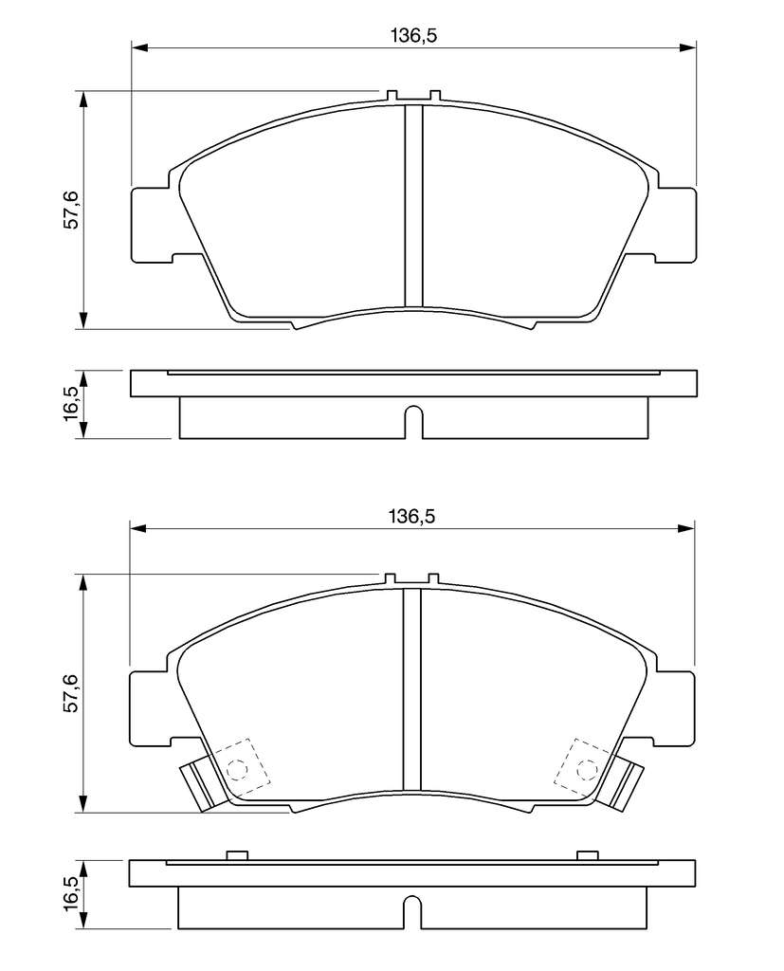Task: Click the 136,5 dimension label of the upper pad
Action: (x=413, y=36)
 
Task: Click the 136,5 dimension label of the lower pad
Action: (x=412, y=516)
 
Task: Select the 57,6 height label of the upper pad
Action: (x=72, y=210)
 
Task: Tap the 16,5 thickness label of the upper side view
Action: (x=72, y=403)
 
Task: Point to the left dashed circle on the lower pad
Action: (x=237, y=769)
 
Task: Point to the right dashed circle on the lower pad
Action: (x=586, y=769)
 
